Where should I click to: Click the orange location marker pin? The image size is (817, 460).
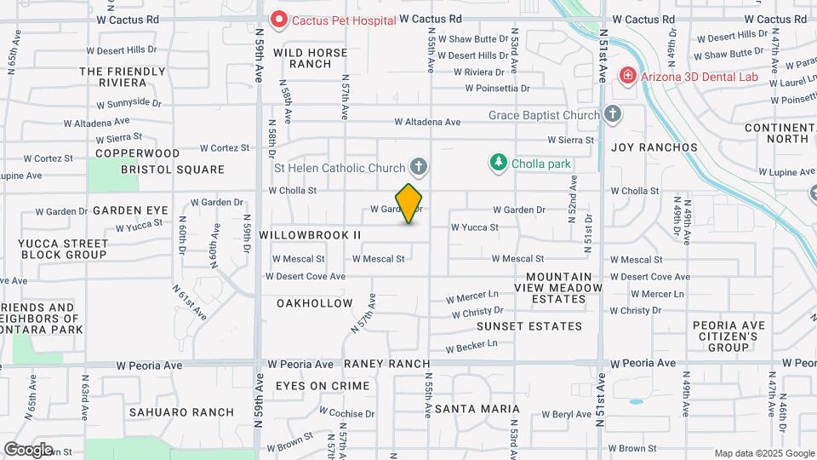[409, 204]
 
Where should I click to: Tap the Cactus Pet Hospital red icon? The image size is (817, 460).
[278, 18]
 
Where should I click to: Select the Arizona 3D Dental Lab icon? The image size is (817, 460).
[628, 76]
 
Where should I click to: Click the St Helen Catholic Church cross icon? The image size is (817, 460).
[418, 166]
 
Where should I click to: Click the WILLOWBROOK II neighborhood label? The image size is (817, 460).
[311, 234]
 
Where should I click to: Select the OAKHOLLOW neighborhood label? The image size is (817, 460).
[315, 303]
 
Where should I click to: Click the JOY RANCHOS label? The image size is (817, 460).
[654, 147]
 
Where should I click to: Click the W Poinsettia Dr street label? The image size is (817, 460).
[497, 88]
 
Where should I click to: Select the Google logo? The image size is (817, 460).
[28, 449]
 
